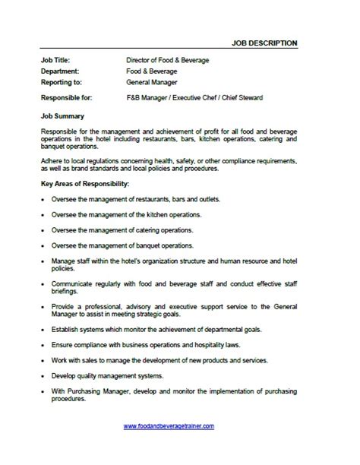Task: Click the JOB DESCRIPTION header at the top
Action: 264,42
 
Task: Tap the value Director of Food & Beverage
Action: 167,59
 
